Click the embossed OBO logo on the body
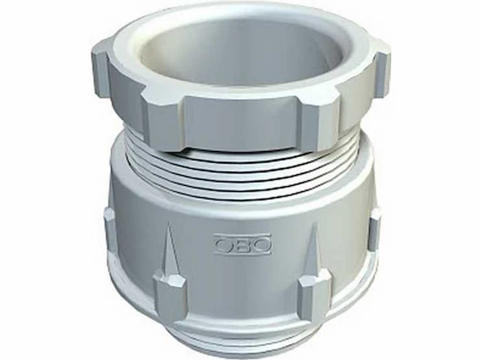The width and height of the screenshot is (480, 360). click(x=242, y=244)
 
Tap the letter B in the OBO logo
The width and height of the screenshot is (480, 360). click(x=242, y=244)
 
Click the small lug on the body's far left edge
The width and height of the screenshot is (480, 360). click(x=110, y=232)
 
